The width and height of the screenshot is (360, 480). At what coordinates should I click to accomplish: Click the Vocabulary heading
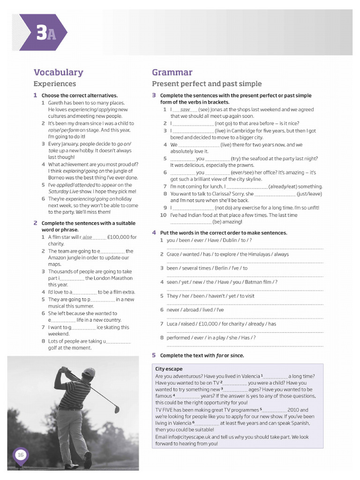pyautogui.click(x=58, y=72)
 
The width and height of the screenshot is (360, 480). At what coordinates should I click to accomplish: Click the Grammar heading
pyautogui.click(x=172, y=72)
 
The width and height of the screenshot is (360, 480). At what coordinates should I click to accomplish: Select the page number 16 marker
pyautogui.click(x=21, y=455)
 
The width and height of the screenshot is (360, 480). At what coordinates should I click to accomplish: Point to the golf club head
pyautogui.click(x=117, y=410)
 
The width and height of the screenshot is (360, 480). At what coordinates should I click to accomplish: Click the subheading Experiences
pyautogui.click(x=54, y=84)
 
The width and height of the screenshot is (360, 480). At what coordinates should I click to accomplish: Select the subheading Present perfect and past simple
pyautogui.click(x=207, y=84)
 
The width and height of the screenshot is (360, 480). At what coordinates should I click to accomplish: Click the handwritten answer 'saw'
pyautogui.click(x=185, y=109)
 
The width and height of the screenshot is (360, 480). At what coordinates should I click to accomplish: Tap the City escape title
pyautogui.click(x=169, y=369)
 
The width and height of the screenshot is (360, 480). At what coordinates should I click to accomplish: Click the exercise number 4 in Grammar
pyautogui.click(x=154, y=232)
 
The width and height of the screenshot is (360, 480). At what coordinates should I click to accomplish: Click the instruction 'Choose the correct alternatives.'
pyautogui.click(x=79, y=96)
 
